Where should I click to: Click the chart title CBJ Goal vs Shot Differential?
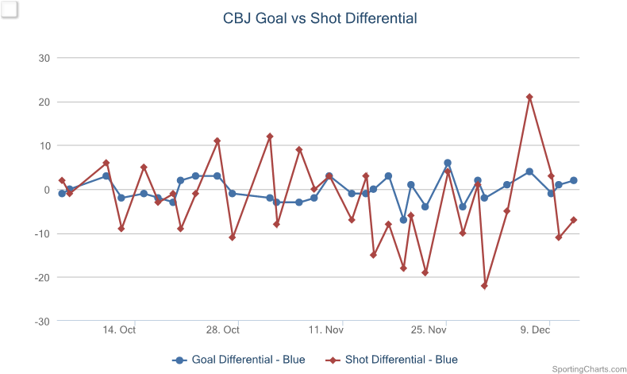(319, 18)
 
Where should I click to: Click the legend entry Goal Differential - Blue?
(238, 360)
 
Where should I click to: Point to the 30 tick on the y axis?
(44, 58)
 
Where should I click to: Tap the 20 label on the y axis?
(44, 102)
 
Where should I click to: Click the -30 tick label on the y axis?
(42, 321)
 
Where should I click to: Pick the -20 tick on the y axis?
(42, 277)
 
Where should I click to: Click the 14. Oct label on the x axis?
(121, 330)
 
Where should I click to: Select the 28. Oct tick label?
(223, 330)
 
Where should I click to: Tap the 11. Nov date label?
(326, 330)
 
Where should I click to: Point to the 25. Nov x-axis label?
(429, 330)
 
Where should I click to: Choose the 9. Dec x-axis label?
(535, 330)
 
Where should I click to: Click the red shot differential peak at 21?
(529, 98)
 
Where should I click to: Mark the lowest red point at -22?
(484, 286)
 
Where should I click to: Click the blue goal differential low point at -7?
(403, 220)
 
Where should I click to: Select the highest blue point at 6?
(448, 163)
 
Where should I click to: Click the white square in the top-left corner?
(10, 10)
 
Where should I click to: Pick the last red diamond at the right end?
(573, 220)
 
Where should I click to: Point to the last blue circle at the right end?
(573, 180)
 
